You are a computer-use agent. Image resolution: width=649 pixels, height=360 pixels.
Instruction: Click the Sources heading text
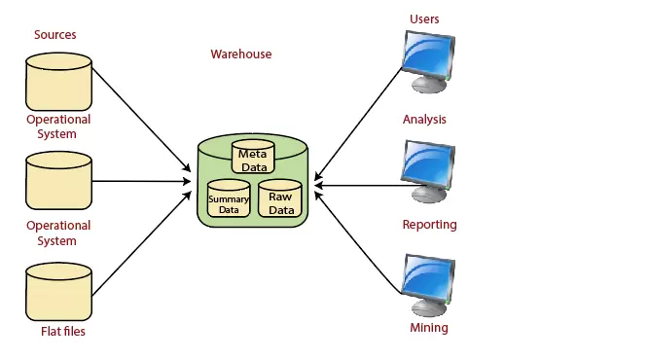pyautogui.click(x=54, y=35)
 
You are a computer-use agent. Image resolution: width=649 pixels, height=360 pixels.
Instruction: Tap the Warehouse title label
pyautogui.click(x=241, y=54)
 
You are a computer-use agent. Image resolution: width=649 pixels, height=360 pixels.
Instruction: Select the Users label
pyautogui.click(x=425, y=19)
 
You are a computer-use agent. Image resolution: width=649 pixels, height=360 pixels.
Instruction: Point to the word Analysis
pyautogui.click(x=424, y=120)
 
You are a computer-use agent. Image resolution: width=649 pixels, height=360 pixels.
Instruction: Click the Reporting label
pyautogui.click(x=429, y=225)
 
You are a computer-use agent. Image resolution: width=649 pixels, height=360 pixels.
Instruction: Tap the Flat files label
pyautogui.click(x=62, y=332)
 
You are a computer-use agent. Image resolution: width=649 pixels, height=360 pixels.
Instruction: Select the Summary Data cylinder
pyautogui.click(x=229, y=200)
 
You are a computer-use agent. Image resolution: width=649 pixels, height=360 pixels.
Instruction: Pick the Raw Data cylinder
pyautogui.click(x=280, y=200)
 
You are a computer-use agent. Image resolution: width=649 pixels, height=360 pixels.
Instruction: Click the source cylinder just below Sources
pyautogui.click(x=58, y=83)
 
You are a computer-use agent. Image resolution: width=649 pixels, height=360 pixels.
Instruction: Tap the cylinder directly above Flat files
pyautogui.click(x=58, y=292)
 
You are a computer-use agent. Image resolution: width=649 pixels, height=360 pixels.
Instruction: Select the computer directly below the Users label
pyautogui.click(x=429, y=60)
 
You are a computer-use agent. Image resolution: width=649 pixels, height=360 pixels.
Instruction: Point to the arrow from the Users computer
pyautogui.click(x=360, y=117)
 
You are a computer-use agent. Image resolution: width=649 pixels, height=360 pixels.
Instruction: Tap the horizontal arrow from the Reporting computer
pyautogui.click(x=360, y=183)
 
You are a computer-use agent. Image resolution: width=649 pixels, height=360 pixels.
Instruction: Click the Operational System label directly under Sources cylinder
pyautogui.click(x=57, y=126)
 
